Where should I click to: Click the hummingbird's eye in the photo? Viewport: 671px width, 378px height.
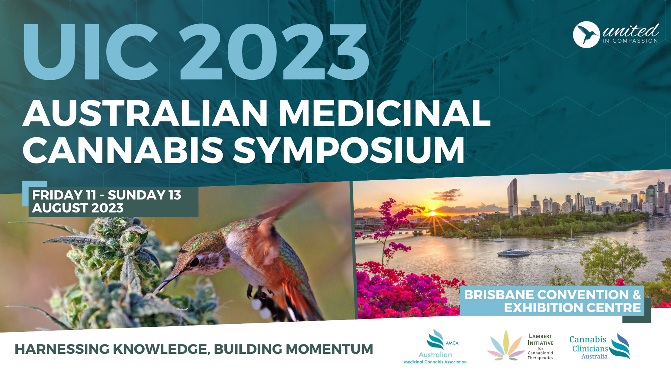pos(194,262)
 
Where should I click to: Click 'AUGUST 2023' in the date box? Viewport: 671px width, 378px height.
pos(78,208)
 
